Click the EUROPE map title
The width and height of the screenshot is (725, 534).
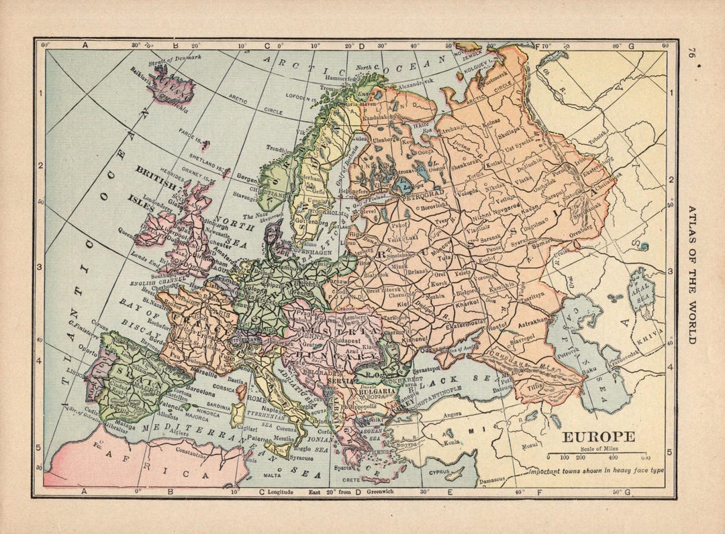597,437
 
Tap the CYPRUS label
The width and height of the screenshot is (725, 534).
441,472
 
